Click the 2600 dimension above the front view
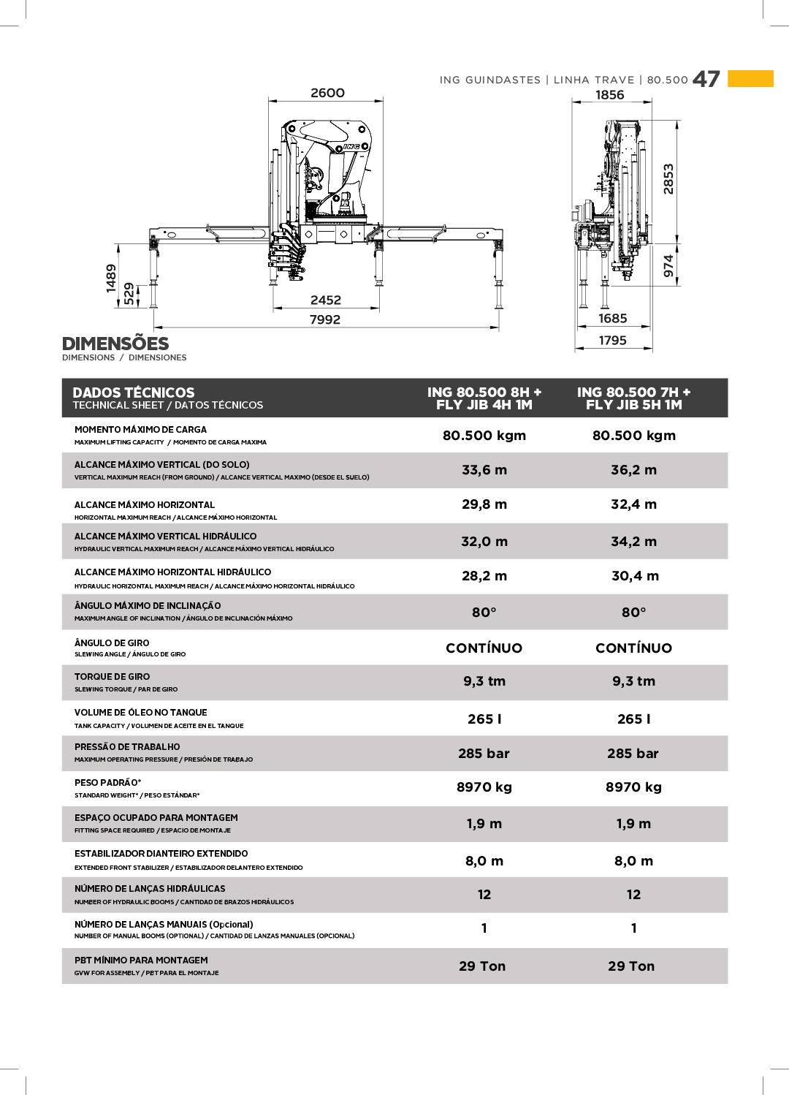tap(327, 93)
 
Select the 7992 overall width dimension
tap(325, 319)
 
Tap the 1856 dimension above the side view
tap(610, 95)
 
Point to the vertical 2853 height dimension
tap(668, 179)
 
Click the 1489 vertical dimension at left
tap(111, 279)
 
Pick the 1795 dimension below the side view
tap(613, 341)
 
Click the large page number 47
tap(706, 79)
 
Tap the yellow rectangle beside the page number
tap(750, 78)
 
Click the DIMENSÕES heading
tap(115, 344)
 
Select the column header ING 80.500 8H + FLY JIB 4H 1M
tap(484, 398)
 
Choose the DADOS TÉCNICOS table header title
tap(134, 393)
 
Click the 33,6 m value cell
tap(484, 470)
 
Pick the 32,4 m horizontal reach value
tap(633, 504)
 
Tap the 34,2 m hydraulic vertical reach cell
tap(633, 542)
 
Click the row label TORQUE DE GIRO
tap(112, 677)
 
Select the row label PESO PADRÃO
tap(107, 783)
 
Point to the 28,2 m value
tap(484, 576)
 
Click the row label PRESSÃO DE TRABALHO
tap(127, 747)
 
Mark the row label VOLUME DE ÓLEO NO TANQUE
tap(141, 713)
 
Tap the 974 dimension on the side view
tap(668, 265)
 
